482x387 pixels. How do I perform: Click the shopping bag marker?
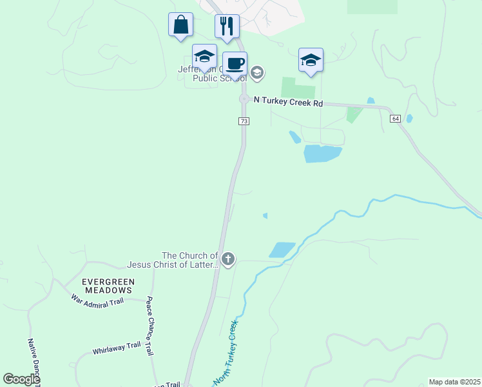[181, 25]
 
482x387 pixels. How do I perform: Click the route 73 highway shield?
[244, 121]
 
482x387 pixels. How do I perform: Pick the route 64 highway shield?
[395, 118]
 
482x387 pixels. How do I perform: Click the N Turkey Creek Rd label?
[288, 102]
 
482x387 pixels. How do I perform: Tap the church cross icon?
[227, 259]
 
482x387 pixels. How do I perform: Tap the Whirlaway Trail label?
[116, 347]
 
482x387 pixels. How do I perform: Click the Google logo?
[22, 379]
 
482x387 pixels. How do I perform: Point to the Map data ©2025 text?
[454, 382]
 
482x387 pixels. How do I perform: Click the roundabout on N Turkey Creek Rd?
[244, 99]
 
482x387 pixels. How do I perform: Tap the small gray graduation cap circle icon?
[256, 72]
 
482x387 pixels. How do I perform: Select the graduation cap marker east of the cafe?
[311, 61]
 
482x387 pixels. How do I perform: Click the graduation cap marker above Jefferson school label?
[204, 55]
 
